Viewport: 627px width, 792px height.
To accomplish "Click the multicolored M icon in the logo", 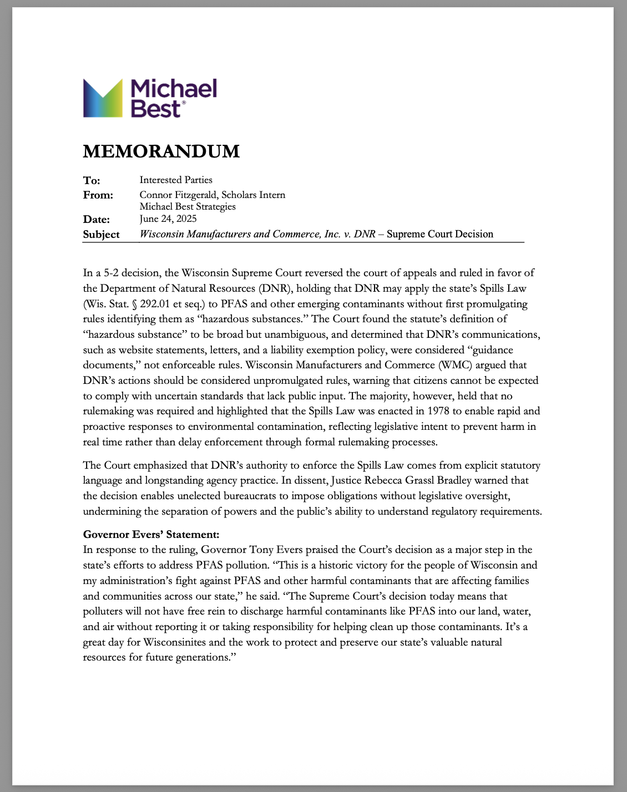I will (x=103, y=98).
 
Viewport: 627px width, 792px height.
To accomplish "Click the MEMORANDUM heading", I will (x=161, y=151).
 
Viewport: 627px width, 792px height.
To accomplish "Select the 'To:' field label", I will (x=92, y=180).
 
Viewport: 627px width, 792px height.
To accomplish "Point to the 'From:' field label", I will (x=98, y=195).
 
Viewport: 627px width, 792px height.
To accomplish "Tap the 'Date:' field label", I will (x=97, y=219).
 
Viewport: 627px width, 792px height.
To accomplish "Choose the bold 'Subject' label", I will (x=101, y=235).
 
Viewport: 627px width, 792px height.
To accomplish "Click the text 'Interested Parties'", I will (x=176, y=180).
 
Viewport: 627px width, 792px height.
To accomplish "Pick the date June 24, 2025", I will (x=168, y=219).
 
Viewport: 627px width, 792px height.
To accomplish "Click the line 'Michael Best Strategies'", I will (x=188, y=206).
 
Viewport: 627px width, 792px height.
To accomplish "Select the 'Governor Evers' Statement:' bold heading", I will (x=151, y=535).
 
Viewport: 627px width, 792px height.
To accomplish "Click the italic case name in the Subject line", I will (x=257, y=234).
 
